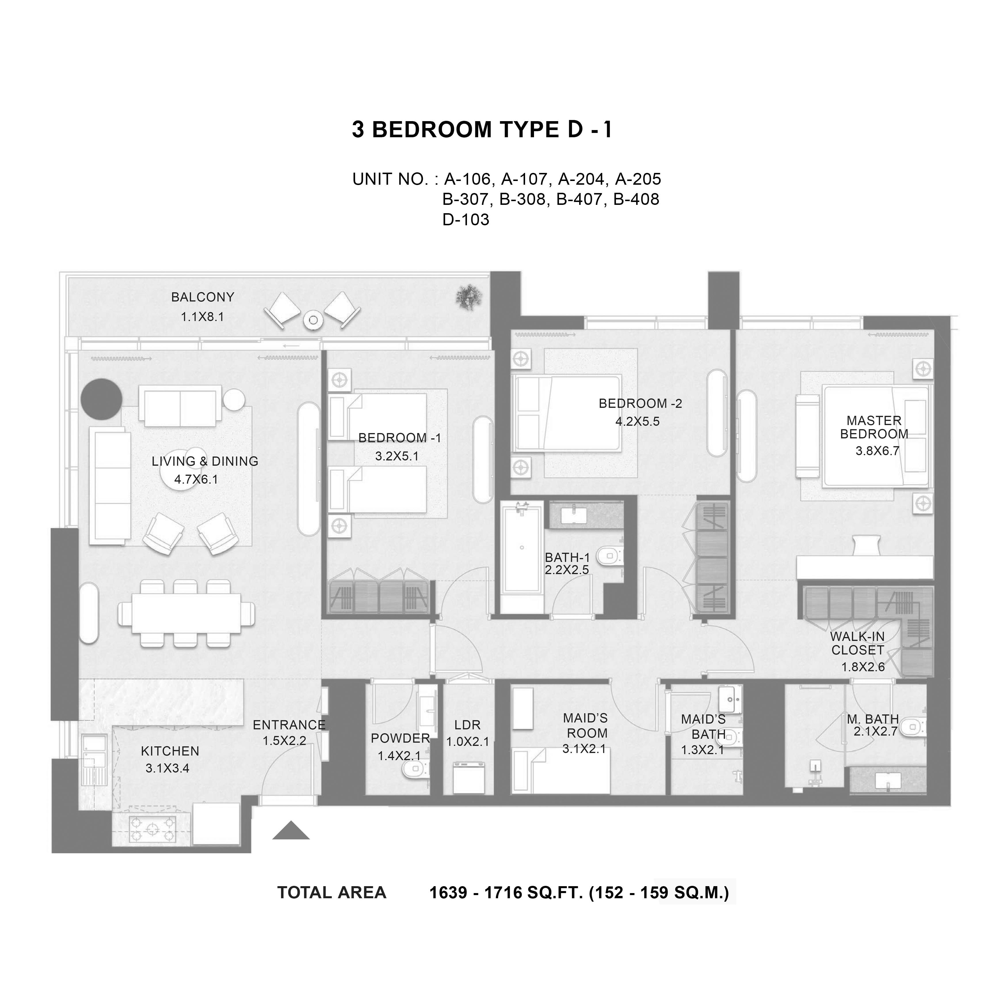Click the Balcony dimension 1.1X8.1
(202, 317)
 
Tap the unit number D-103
(466, 220)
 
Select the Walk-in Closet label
(857, 643)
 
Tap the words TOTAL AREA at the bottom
(331, 893)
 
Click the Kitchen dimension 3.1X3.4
(167, 768)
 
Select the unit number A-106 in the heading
(468, 179)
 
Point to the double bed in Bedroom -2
(567, 413)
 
